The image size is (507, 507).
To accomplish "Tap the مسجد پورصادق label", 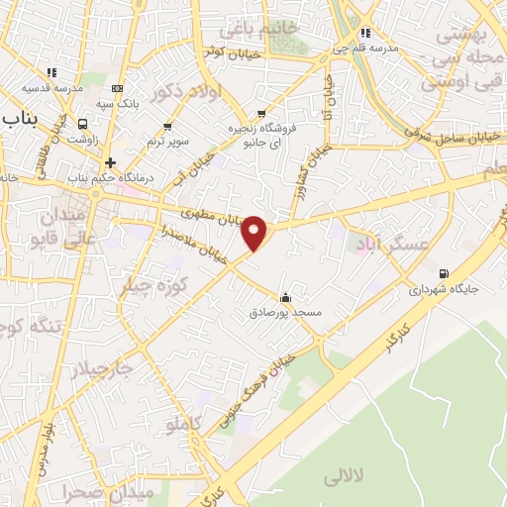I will point(286,313).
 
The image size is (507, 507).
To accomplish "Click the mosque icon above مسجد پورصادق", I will point(286,297).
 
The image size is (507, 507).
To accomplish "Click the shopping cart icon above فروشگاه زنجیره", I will point(261,113).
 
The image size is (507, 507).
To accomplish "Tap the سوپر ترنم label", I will point(167,142).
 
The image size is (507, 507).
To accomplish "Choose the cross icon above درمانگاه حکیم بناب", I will point(110,162).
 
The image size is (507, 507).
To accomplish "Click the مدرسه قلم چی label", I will point(376,48).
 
